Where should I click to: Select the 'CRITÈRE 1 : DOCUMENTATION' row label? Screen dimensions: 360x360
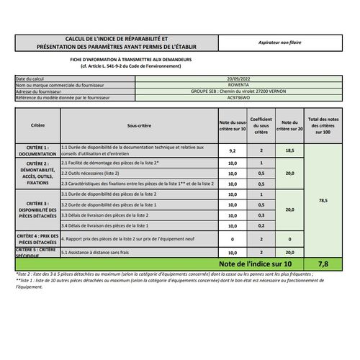click(x=37, y=150)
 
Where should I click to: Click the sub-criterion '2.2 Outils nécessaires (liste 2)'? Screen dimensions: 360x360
click(x=89, y=174)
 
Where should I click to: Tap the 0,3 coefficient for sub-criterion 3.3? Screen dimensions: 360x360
click(x=261, y=215)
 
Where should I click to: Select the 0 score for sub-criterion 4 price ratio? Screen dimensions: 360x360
click(x=232, y=238)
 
